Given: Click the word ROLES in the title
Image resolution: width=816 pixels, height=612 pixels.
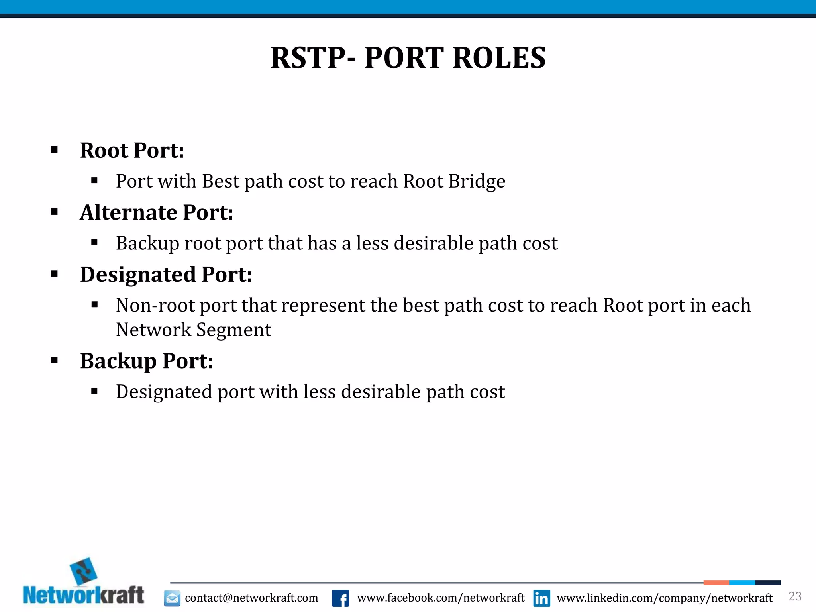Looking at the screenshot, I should [x=499, y=58].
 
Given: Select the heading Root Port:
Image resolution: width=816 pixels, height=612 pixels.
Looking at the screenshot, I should [x=132, y=151].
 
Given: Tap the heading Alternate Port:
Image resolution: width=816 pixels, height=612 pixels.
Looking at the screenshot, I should [x=157, y=212].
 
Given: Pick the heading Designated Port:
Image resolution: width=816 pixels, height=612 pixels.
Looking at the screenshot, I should [x=166, y=275].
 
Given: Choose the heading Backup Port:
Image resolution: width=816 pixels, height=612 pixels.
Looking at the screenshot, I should [x=146, y=361].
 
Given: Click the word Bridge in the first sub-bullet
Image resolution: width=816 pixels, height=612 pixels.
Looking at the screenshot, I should [x=477, y=182].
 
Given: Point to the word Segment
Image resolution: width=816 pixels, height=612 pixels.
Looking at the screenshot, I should [x=233, y=330].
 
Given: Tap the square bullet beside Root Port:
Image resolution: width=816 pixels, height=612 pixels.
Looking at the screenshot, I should [x=55, y=150].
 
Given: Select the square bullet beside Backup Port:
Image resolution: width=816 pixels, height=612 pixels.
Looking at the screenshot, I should [x=55, y=361].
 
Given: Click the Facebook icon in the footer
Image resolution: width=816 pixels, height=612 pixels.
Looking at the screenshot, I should [x=340, y=598].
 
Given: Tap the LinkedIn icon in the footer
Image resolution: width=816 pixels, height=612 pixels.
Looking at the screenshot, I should [x=541, y=598].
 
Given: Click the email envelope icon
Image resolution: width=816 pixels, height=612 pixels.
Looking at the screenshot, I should [x=172, y=598].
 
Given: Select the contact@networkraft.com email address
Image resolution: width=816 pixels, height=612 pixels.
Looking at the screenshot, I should [x=251, y=598].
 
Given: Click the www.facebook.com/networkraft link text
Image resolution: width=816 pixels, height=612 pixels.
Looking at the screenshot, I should [x=441, y=598].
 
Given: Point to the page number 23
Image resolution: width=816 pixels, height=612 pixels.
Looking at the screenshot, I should [x=795, y=596].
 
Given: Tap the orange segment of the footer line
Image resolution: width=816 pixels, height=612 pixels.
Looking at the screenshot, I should [x=716, y=583].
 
